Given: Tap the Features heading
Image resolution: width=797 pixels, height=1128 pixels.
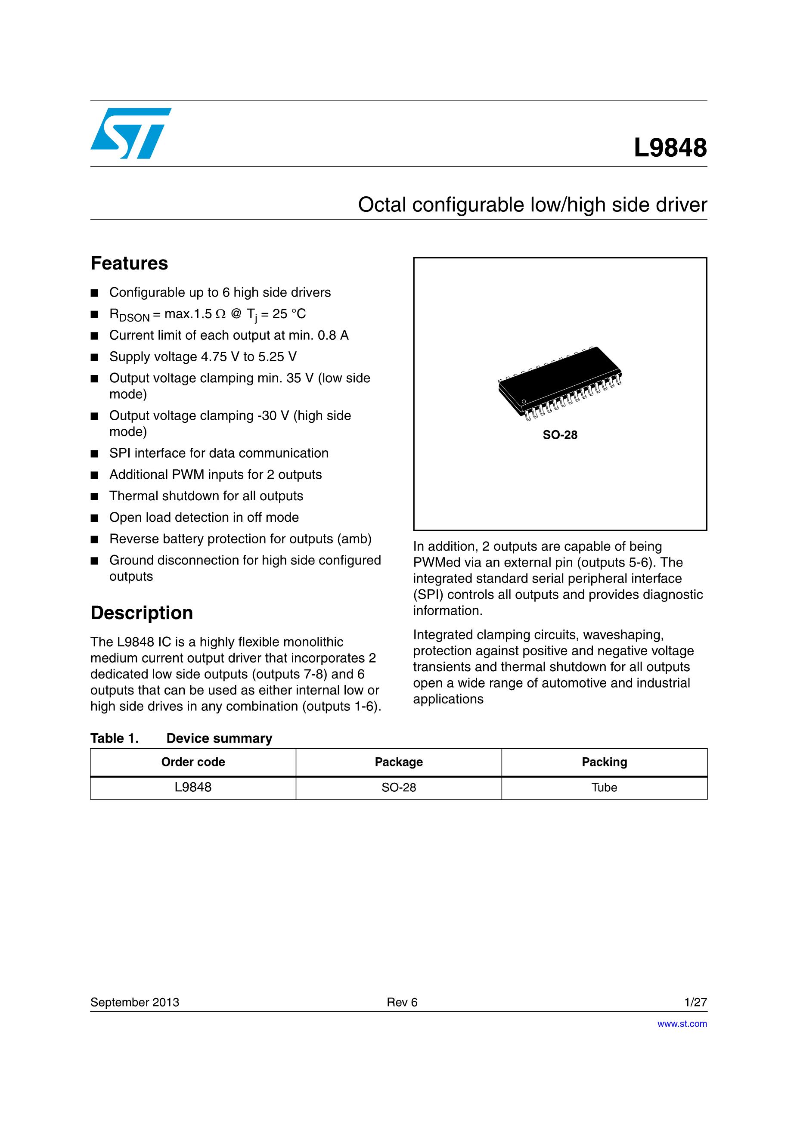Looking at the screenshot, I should pyautogui.click(x=129, y=263).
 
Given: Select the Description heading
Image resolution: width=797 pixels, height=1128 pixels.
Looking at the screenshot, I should pyautogui.click(x=142, y=613).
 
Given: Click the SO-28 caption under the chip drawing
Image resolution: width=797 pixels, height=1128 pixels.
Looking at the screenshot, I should pyautogui.click(x=560, y=435).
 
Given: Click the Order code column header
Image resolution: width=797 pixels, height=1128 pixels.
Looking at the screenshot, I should pyautogui.click(x=193, y=762).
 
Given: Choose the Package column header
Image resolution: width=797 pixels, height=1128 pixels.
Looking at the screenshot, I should pyautogui.click(x=399, y=762).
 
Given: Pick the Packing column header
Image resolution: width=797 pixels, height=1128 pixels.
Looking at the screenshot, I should pyautogui.click(x=605, y=762).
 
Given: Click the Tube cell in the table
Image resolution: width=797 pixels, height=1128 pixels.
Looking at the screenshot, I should pyautogui.click(x=605, y=787).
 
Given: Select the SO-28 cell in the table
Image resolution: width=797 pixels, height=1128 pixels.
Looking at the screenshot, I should pyautogui.click(x=399, y=787).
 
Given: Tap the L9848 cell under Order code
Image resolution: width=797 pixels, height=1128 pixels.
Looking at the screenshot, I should pyautogui.click(x=193, y=787).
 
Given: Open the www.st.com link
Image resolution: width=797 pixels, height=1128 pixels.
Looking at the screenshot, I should pyautogui.click(x=682, y=1024).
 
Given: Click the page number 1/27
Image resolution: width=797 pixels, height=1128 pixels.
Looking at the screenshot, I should pyautogui.click(x=695, y=1002).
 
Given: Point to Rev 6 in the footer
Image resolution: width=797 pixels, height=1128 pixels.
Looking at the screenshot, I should pyautogui.click(x=402, y=1002).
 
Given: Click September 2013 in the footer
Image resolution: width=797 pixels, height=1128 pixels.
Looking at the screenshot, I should pyautogui.click(x=135, y=1002).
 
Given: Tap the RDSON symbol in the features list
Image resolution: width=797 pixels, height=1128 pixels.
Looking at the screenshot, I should pyautogui.click(x=129, y=315).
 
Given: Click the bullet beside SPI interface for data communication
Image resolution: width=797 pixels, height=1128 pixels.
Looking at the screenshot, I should pyautogui.click(x=95, y=453).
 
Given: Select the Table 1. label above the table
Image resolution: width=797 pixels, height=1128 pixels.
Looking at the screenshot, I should pyautogui.click(x=115, y=738).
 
